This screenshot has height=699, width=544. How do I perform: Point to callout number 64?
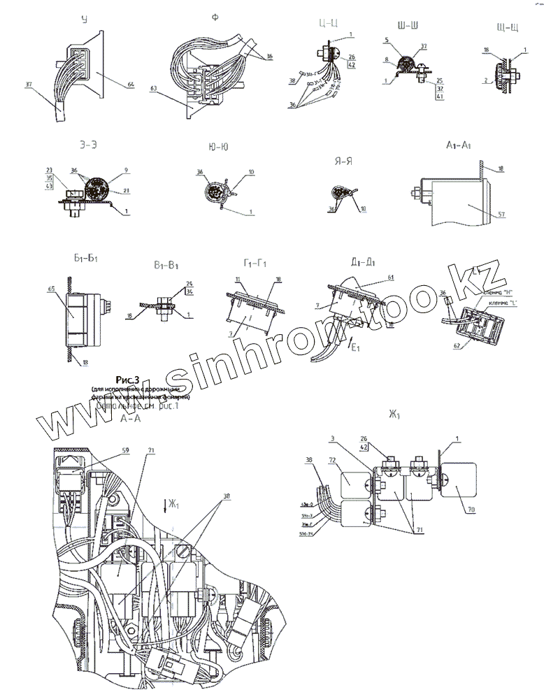(x=130, y=86)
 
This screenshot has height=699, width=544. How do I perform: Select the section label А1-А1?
(x=457, y=145)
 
